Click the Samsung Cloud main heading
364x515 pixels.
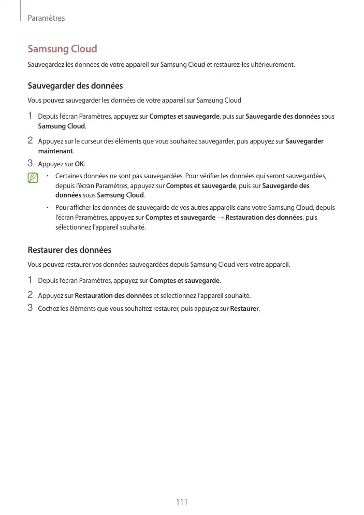pos(62,49)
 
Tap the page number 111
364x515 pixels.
pos(182,502)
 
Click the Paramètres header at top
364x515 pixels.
pos(46,18)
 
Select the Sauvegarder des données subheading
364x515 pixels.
pos(75,85)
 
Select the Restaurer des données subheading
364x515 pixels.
pos(69,250)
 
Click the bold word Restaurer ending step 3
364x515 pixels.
pos(244,309)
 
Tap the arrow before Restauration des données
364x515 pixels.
pos(221,218)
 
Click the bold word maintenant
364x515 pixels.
pos(56,151)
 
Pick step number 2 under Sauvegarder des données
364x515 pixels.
pos(31,140)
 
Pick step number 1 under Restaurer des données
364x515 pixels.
pos(31,280)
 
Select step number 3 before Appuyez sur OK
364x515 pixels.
pos(31,164)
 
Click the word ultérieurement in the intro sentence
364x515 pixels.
pos(273,65)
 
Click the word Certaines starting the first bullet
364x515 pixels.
pos(69,176)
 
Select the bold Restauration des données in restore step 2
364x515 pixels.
pos(113,295)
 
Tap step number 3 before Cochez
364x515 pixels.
pos(31,309)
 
